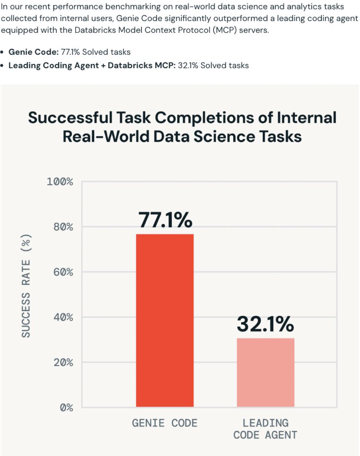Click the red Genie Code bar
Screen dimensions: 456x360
click(x=165, y=320)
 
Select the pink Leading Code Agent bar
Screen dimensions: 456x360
click(x=265, y=372)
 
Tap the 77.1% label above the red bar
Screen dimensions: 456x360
click(x=165, y=220)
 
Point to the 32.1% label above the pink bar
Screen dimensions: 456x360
click(x=265, y=324)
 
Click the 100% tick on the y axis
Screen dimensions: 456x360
click(x=60, y=182)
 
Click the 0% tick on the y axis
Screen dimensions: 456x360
click(x=65, y=407)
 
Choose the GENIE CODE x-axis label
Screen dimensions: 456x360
click(x=165, y=423)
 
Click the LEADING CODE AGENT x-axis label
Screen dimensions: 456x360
click(x=265, y=429)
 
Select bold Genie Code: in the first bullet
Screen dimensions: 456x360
click(x=33, y=52)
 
